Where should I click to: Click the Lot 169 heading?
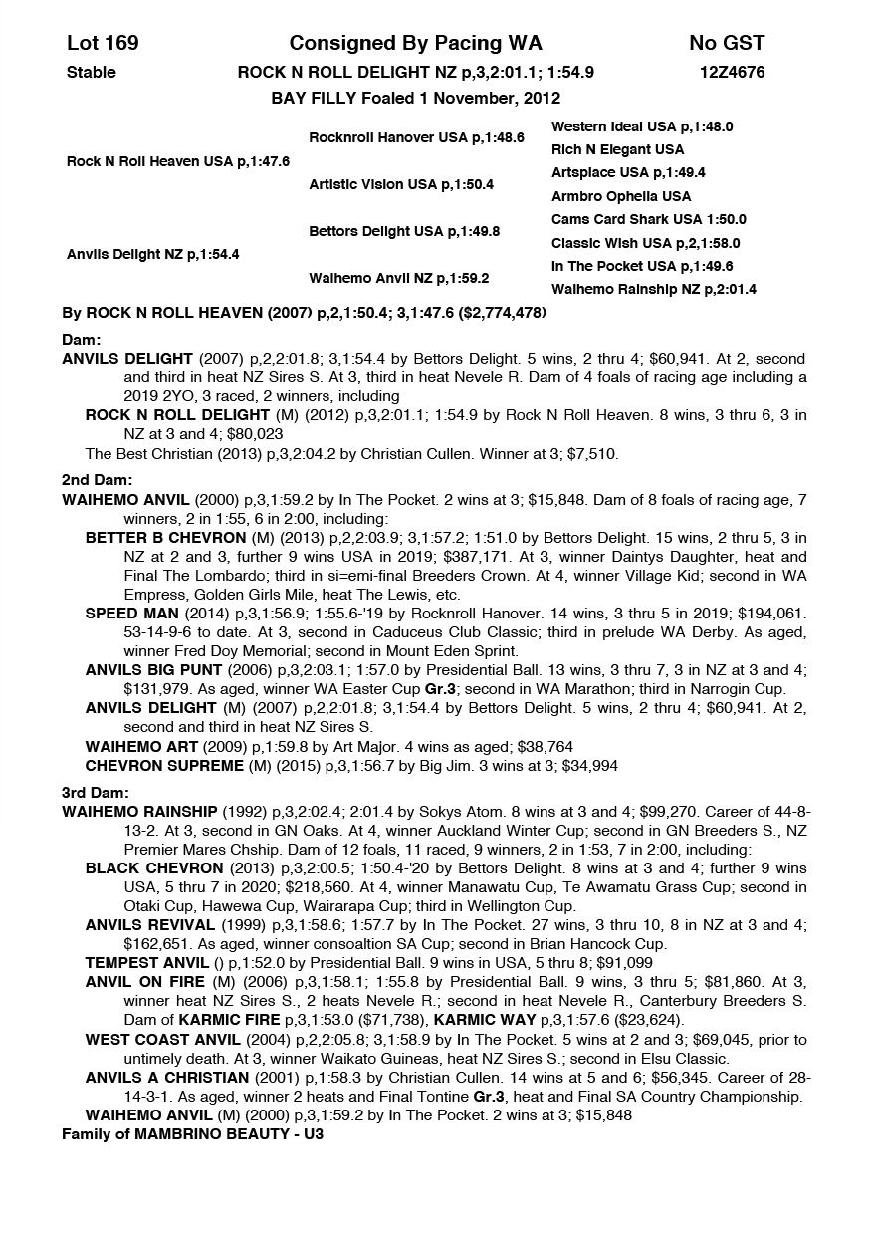coord(103,43)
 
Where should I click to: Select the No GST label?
coord(727,43)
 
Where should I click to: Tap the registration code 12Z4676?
coord(732,72)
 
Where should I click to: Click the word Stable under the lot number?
coord(92,72)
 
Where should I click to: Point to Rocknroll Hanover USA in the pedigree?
coord(416,137)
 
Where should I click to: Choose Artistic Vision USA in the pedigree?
coord(401,184)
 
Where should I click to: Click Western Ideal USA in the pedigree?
coord(642,126)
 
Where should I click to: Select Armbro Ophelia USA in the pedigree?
coord(621,196)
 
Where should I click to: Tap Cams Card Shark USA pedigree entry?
coord(648,219)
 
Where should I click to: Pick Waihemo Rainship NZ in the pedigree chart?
coord(653,289)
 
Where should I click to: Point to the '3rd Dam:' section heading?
coord(94,792)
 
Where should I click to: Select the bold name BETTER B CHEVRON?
coord(163,538)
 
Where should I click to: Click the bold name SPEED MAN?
coord(131,613)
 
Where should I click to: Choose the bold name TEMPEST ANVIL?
coord(146,962)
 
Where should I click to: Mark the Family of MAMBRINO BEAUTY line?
coord(193,1133)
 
